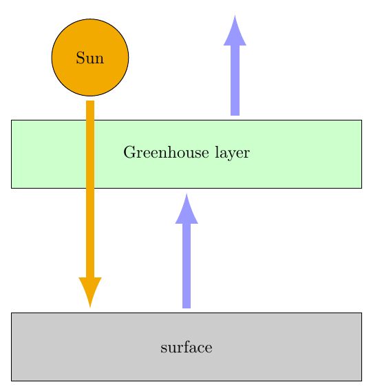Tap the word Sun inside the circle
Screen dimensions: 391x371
[x=90, y=58]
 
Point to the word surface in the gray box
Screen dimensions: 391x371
[x=186, y=347]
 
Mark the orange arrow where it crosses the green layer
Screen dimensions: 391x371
[x=90, y=154]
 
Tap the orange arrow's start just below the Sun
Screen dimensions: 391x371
[x=90, y=104]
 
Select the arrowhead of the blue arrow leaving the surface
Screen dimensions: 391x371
[x=187, y=209]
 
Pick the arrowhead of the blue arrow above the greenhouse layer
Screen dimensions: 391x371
[x=235, y=30]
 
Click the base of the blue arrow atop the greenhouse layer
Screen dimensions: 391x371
[x=235, y=113]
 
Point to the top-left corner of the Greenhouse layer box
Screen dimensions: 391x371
[x=12, y=120]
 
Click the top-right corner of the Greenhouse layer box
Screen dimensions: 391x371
[x=361, y=120]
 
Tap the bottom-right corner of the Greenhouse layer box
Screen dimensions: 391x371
[x=361, y=187]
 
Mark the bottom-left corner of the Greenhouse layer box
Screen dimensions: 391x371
[x=12, y=187]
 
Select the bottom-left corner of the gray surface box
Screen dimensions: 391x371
[x=12, y=380]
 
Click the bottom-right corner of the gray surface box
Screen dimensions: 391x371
[x=361, y=380]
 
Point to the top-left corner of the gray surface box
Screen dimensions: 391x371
[x=12, y=313]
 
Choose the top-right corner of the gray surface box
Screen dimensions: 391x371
[x=361, y=313]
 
